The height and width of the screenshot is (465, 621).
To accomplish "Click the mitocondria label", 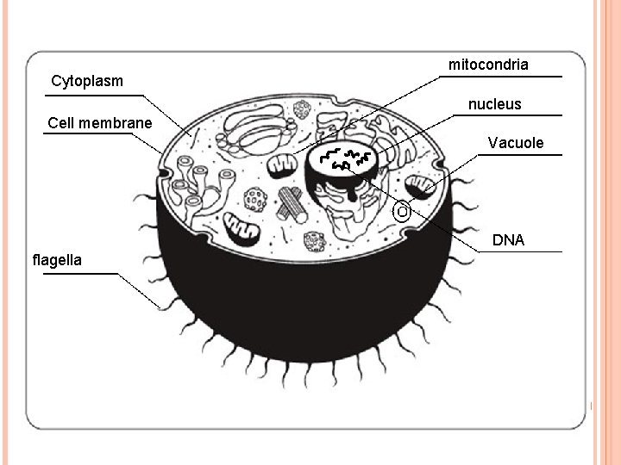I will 488,65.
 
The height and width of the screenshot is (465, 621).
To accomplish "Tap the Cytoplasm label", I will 86,82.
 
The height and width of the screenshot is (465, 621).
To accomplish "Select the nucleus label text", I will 494,104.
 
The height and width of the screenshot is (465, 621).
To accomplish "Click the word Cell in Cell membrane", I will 61,123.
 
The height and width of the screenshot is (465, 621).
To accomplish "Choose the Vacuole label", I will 516,143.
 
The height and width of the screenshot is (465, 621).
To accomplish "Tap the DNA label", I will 508,240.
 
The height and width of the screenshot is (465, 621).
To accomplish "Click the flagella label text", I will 57,259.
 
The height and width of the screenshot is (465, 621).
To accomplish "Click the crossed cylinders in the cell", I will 292,205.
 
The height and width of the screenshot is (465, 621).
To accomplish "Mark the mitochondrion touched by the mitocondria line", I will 281,165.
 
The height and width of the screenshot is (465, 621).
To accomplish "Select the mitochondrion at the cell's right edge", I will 422,187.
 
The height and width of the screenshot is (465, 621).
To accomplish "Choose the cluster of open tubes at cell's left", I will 201,186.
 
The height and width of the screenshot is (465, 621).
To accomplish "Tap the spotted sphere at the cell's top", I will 302,110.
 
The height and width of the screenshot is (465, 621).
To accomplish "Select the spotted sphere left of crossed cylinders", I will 255,200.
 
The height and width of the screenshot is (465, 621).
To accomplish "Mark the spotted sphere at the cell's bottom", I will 314,241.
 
